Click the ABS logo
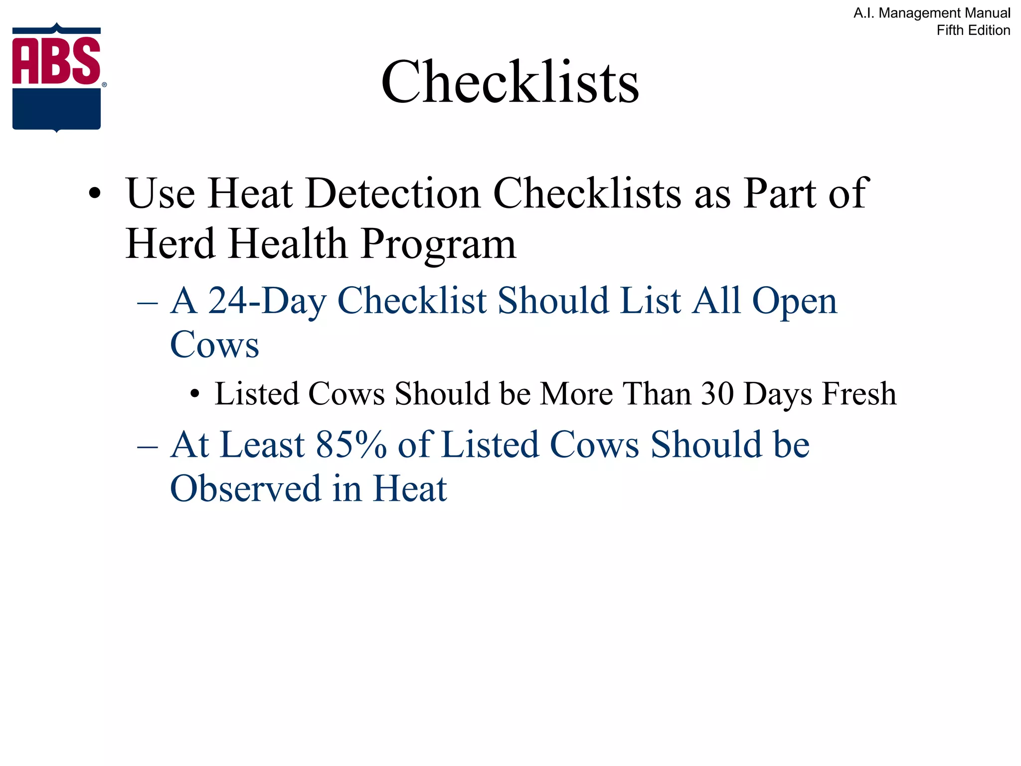57,77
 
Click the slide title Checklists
510,82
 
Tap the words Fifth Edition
973,30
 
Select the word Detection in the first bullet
393,193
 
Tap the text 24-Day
267,301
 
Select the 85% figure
351,445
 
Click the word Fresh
859,394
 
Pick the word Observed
245,489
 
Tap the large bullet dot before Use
95,194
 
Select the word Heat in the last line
410,489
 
